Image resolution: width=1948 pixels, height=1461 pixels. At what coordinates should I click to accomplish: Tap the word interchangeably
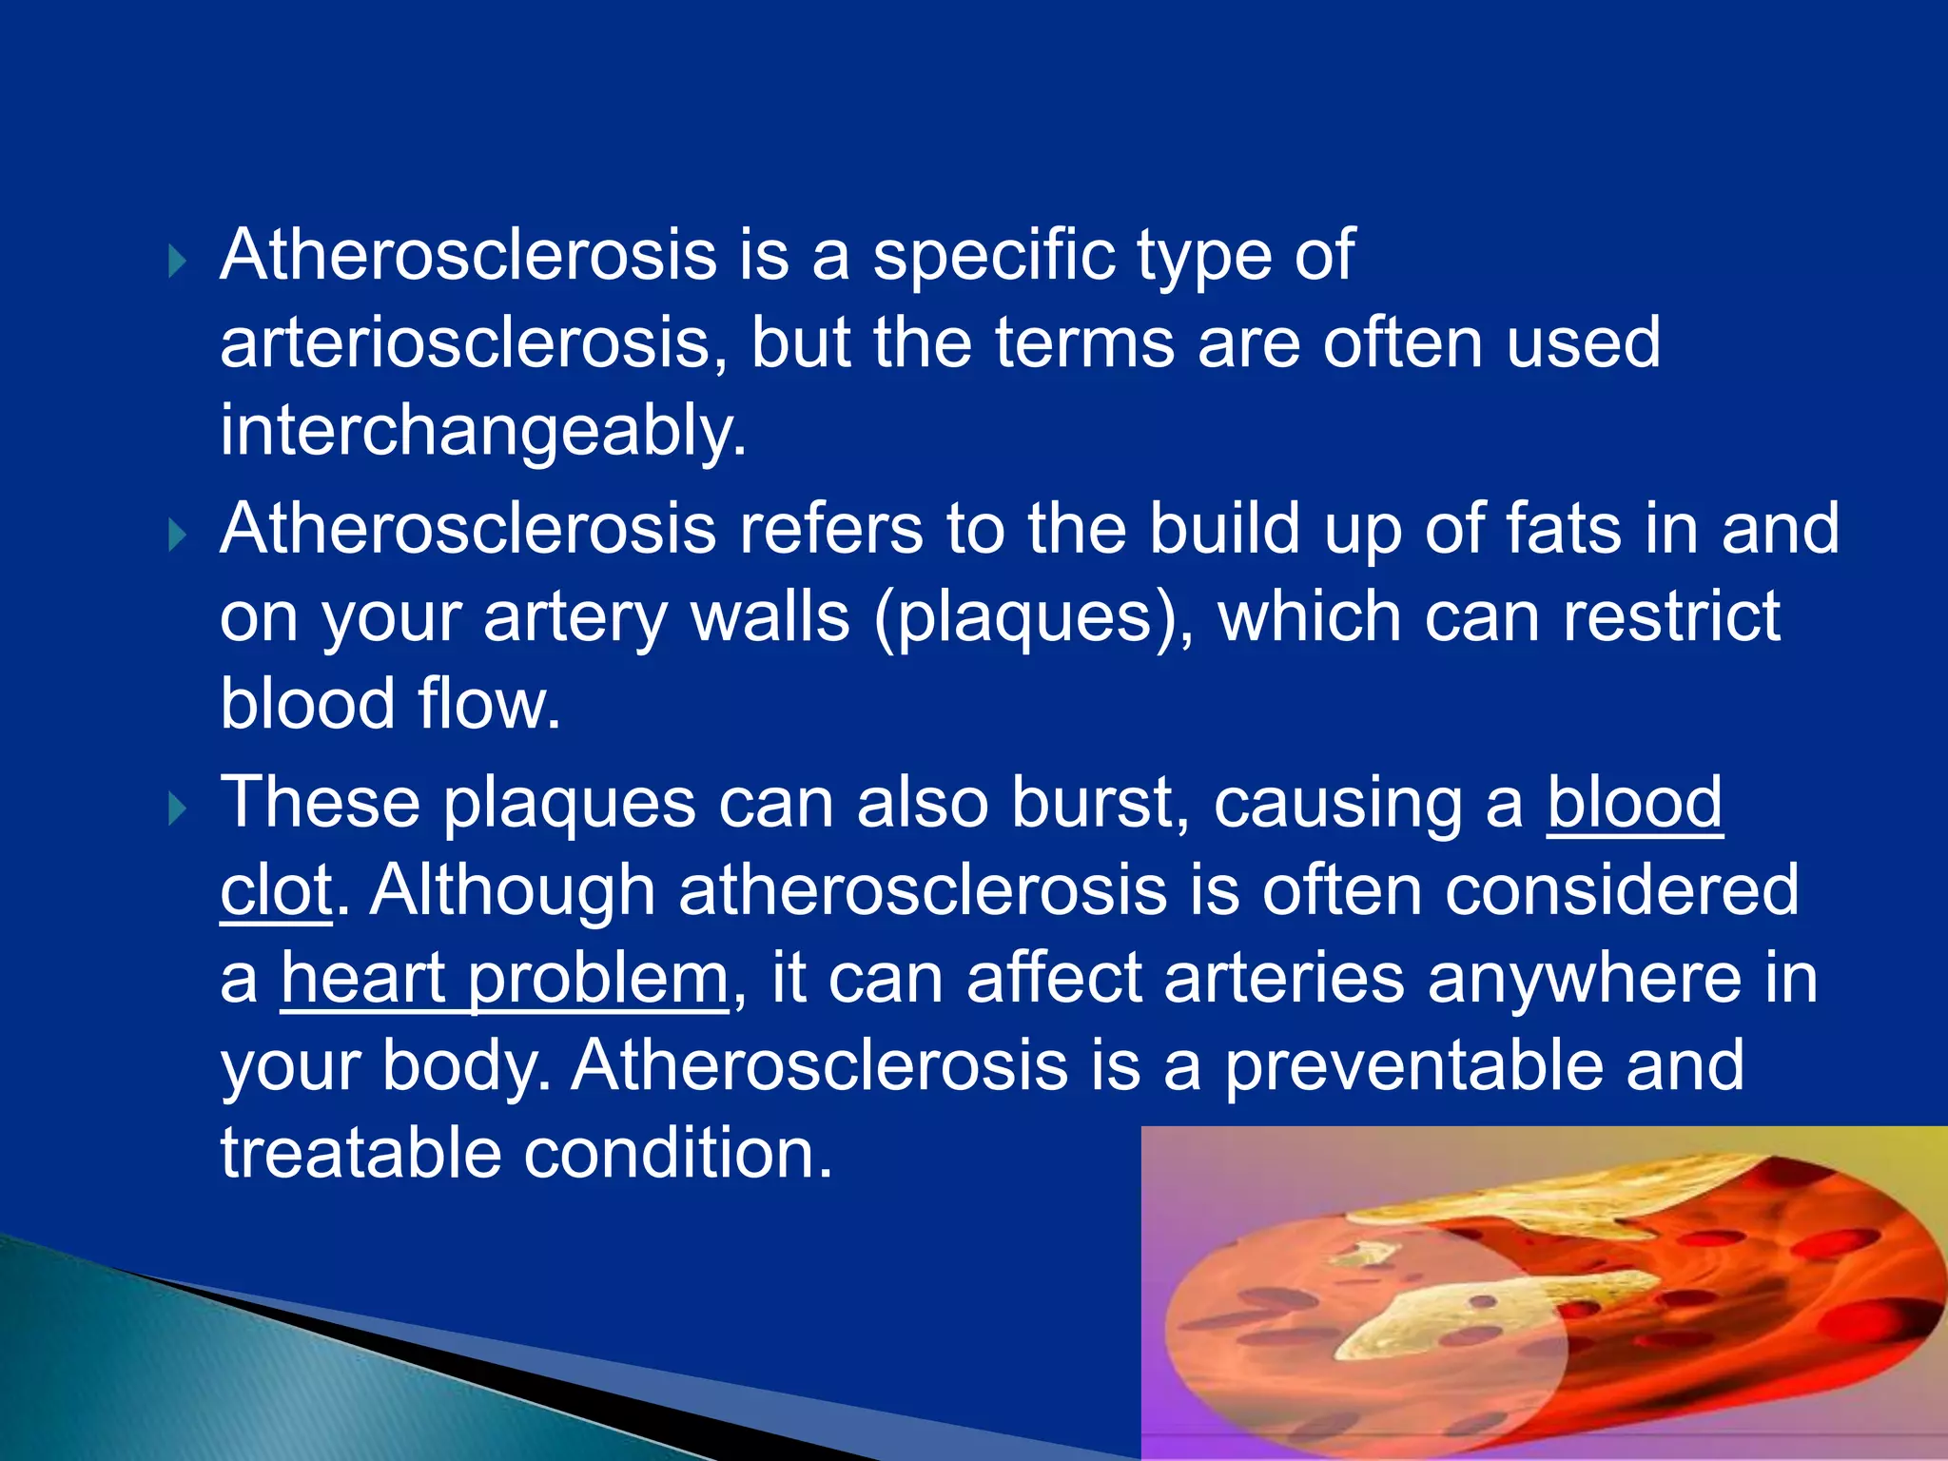click(x=483, y=431)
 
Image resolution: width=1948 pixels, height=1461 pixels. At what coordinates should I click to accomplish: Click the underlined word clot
click(x=276, y=891)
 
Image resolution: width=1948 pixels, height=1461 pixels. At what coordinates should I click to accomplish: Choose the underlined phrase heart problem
click(x=504, y=979)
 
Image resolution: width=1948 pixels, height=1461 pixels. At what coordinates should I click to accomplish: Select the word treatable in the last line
click(x=360, y=1154)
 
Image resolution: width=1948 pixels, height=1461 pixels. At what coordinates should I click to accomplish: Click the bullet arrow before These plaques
click(x=178, y=809)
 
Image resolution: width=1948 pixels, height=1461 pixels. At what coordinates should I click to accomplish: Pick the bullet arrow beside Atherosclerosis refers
click(x=178, y=536)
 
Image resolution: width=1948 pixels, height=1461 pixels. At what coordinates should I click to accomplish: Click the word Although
click(x=512, y=891)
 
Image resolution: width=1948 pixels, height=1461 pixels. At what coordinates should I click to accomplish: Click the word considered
click(x=1622, y=891)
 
